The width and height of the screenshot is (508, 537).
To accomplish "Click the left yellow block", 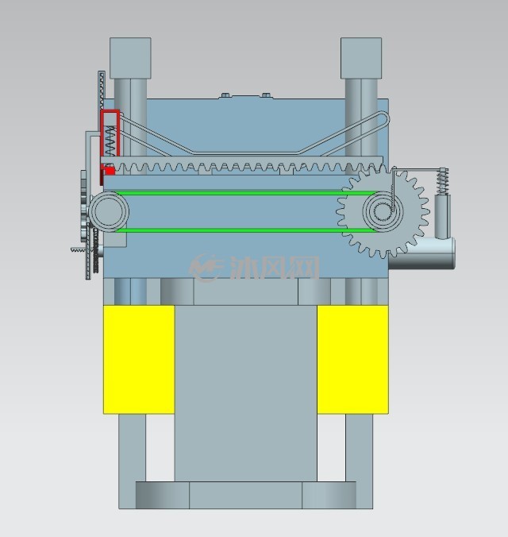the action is (139, 360).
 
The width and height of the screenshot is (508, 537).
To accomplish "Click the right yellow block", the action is (352, 360).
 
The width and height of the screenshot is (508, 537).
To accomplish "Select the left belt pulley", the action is (109, 211).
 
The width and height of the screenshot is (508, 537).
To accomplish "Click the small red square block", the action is (110, 171).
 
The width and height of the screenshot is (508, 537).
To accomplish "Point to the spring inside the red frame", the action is (110, 141).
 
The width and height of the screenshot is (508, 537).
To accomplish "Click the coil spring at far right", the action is (443, 181).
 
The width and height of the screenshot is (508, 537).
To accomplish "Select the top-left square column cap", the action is (130, 58).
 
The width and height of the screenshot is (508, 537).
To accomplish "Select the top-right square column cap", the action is (361, 58).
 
